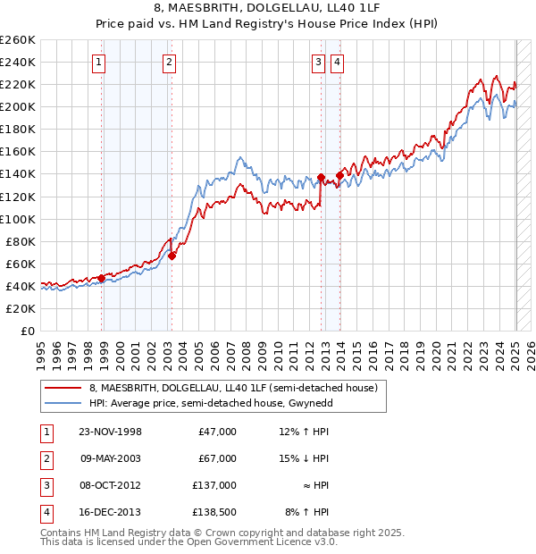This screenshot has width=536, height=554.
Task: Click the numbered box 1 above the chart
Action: (x=97, y=62)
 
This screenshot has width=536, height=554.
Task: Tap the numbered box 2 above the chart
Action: (x=169, y=62)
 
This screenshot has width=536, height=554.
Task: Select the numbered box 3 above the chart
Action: (x=318, y=62)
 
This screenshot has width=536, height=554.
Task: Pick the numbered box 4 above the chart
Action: (x=337, y=62)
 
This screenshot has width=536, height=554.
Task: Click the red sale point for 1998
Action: (x=102, y=278)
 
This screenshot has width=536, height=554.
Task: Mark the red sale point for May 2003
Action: (x=172, y=256)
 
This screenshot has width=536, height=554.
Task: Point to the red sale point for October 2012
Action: (x=321, y=177)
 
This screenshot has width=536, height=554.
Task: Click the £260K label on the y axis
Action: (x=18, y=40)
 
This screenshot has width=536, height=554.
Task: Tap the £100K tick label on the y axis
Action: (x=18, y=219)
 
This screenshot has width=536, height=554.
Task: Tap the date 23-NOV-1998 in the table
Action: (x=112, y=432)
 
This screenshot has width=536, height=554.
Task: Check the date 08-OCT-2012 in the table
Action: (x=112, y=485)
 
